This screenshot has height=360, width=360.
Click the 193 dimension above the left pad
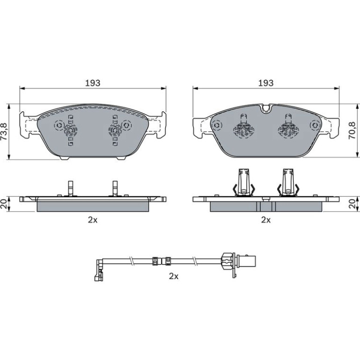[93, 83]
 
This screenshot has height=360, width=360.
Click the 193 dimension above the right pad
[266, 83]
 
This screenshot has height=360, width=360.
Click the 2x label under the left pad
[93, 220]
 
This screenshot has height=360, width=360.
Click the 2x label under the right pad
[266, 220]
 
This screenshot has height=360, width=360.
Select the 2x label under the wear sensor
[173, 276]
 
